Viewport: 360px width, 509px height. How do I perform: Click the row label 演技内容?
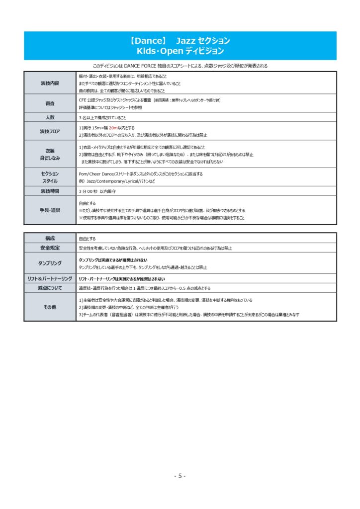coord(50,83)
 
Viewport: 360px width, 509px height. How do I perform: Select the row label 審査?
coord(50,103)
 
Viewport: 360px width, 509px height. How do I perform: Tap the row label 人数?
coord(50,118)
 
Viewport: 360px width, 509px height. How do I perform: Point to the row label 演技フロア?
coord(50,131)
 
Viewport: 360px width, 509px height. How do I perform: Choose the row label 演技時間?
coord(50,191)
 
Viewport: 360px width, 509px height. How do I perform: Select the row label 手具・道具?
coord(50,210)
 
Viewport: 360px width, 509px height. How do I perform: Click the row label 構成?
coord(50,239)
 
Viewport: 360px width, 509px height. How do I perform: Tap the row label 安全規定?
coord(50,248)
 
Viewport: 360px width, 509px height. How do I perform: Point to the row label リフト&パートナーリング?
coord(50,279)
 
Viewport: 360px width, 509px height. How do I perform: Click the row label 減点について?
coord(50,288)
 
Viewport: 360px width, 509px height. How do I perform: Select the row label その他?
coord(50,307)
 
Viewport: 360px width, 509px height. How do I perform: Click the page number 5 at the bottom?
coord(180,476)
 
